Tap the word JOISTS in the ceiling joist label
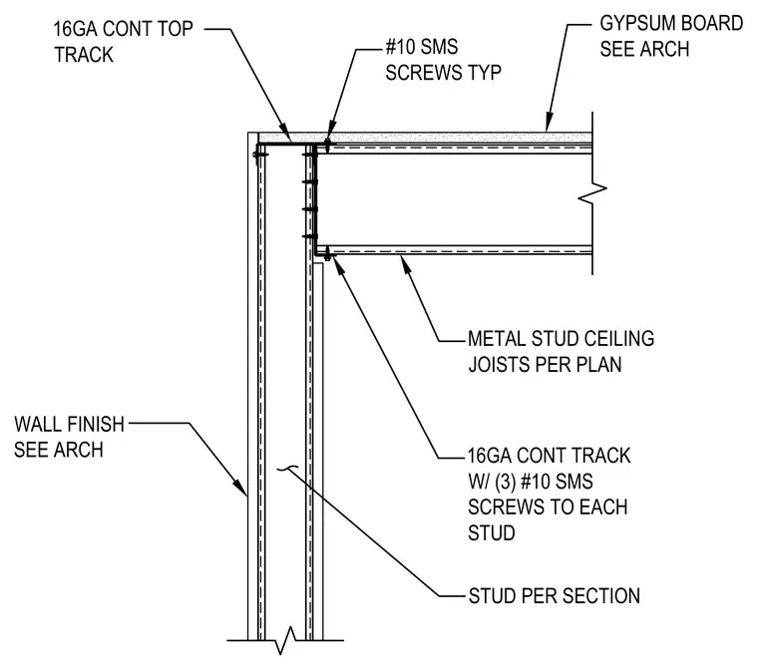[497, 365]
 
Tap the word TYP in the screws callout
[484, 73]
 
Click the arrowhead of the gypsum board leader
[549, 123]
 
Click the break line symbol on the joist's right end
[592, 193]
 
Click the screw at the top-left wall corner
[259, 155]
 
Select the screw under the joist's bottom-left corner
[328, 254]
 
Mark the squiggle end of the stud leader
[286, 468]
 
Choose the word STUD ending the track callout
[492, 533]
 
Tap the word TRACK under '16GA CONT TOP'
[84, 55]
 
